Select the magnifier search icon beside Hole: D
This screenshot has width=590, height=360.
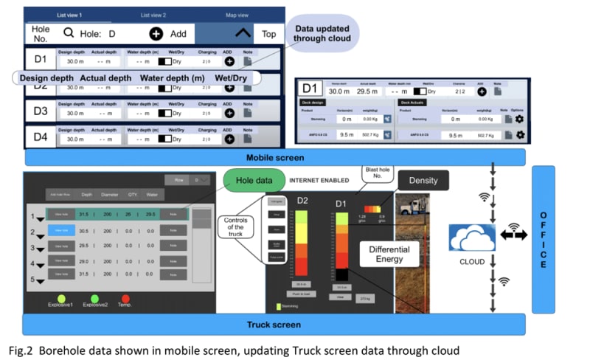(x=69, y=32)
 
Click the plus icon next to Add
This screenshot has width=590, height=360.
(x=156, y=33)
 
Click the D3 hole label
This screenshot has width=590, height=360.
(x=40, y=112)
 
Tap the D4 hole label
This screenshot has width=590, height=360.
(x=40, y=137)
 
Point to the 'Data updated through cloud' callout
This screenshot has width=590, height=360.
(x=322, y=34)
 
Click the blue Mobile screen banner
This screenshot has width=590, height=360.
(x=274, y=157)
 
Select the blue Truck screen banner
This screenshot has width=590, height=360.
(x=274, y=325)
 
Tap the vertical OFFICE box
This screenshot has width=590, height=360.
(x=544, y=239)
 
